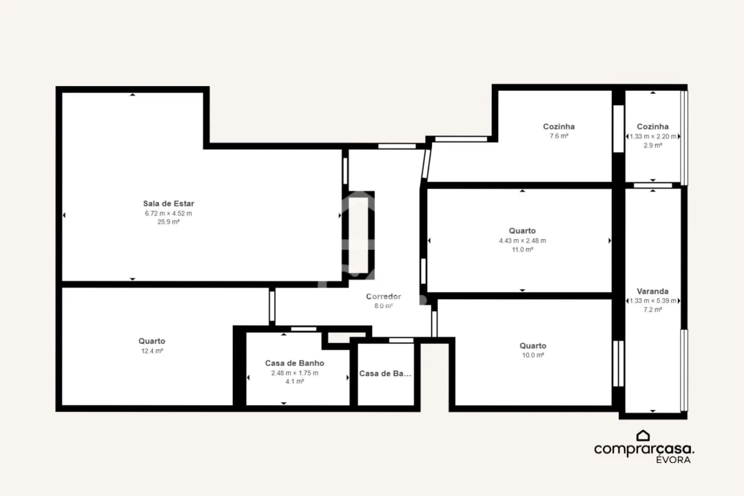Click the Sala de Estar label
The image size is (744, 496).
coord(168,203)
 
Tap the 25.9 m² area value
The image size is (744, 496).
coord(168,222)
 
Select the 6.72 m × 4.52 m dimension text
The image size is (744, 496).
coord(168,213)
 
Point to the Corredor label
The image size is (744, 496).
coord(383,296)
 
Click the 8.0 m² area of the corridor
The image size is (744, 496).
coord(383,306)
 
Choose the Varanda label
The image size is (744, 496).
coord(652,291)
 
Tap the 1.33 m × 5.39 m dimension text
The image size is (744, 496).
coord(652,301)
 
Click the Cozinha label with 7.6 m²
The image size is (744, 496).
coord(559,127)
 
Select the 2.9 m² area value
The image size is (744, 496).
coord(652,145)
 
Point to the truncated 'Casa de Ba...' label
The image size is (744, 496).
coord(385,373)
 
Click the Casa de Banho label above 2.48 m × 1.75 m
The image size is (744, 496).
coord(294,363)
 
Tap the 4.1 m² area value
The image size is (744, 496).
coord(294,382)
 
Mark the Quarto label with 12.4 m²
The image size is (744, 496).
coord(152,341)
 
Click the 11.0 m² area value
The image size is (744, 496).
coord(522,249)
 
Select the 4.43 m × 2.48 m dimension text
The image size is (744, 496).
coord(522,240)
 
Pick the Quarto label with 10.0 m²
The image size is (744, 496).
coord(533,346)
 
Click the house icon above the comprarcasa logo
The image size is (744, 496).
coord(643,435)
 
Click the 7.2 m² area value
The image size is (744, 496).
coord(652,310)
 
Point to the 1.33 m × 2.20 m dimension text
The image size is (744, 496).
coord(652,136)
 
